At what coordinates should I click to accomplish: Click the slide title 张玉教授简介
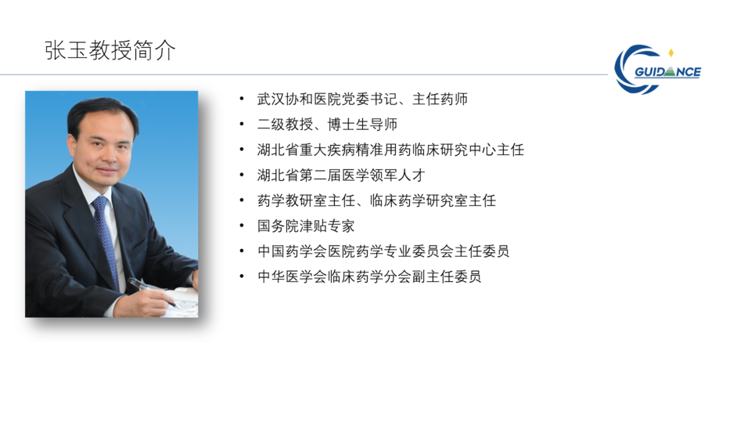click(110, 50)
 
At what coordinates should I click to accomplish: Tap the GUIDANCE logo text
click(667, 72)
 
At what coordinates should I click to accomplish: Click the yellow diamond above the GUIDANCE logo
click(671, 52)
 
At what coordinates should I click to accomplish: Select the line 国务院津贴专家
click(306, 226)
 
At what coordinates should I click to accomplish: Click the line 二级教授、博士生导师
click(327, 125)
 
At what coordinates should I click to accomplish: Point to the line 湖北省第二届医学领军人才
click(341, 175)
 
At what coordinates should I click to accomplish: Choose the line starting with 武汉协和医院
click(362, 99)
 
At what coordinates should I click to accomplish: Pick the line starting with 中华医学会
click(369, 277)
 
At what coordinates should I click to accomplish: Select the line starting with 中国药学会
click(383, 251)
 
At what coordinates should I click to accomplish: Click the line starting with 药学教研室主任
click(376, 201)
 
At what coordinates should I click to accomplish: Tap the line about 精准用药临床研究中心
click(390, 150)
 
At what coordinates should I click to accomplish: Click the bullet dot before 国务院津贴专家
click(242, 226)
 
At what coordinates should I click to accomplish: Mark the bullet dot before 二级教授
click(242, 125)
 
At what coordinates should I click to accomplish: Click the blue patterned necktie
click(106, 240)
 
